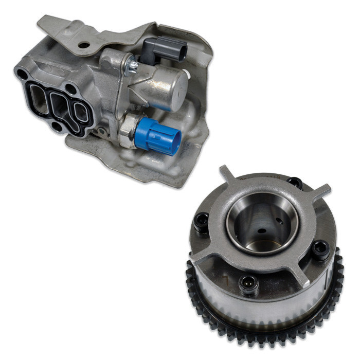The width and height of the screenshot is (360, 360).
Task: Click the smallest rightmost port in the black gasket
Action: pyautogui.click(x=81, y=112)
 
